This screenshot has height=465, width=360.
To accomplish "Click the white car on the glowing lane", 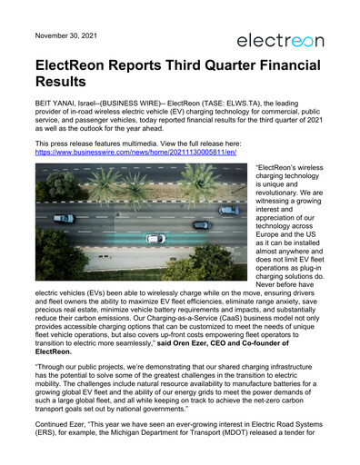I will pos(156,239).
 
